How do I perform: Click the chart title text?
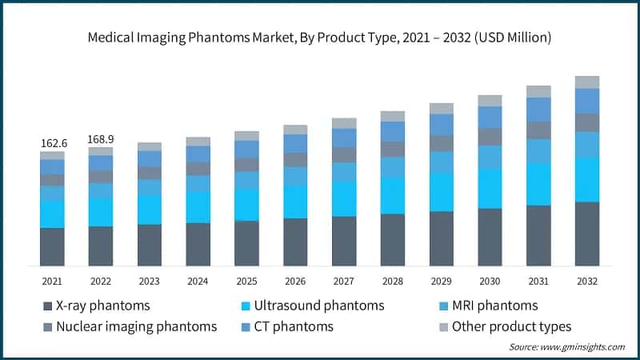click(320, 38)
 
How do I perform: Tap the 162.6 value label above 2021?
click(53, 143)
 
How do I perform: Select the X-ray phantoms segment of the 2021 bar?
click(53, 246)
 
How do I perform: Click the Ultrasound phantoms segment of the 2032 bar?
click(587, 179)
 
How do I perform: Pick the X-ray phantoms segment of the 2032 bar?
click(587, 234)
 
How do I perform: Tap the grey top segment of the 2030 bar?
click(490, 101)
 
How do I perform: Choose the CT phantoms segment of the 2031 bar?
click(538, 110)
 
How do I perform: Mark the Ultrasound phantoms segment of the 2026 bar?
click(295, 202)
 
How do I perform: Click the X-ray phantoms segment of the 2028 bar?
click(393, 239)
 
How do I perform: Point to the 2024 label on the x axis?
click(198, 282)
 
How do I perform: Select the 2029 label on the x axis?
click(441, 282)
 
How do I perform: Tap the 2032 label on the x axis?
click(587, 282)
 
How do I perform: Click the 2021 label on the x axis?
click(53, 282)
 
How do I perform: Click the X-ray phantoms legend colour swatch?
click(46, 306)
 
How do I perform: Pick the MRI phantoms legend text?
click(494, 306)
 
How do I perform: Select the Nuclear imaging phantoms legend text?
click(136, 326)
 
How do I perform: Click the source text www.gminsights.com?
click(566, 347)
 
